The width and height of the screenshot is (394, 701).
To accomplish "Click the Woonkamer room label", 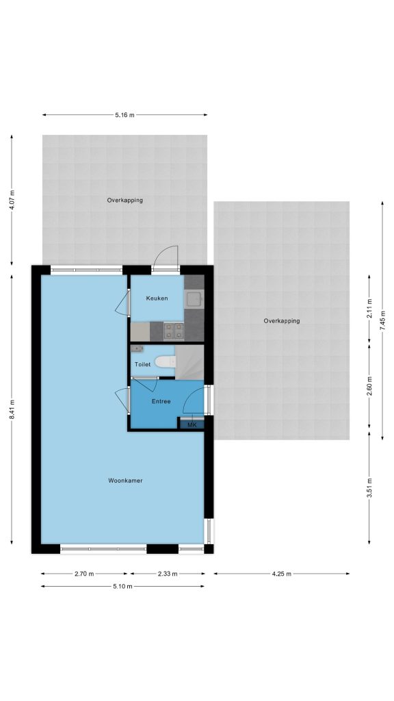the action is tap(125, 481).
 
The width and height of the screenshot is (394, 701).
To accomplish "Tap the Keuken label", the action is tap(157, 298).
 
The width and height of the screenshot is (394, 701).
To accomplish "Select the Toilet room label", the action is tap(142, 364).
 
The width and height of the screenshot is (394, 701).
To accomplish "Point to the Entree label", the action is tap(161, 401).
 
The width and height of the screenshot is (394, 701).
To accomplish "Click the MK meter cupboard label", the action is tap(192, 424).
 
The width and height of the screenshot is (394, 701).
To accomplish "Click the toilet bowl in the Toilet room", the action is tap(165, 361).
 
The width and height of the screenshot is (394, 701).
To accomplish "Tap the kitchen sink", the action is tap(194, 298).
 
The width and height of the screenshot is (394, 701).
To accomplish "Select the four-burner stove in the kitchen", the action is tap(174, 331).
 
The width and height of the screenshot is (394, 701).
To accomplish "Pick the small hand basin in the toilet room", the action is tap(136, 348).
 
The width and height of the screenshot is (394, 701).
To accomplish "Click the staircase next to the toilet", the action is tap(189, 362).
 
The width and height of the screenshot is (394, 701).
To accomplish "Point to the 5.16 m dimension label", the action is tap(124, 115).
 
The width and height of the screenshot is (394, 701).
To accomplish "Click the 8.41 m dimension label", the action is tap(12, 409).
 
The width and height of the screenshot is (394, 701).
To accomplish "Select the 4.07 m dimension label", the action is tap(12, 200).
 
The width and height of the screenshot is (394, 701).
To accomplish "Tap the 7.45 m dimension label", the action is tap(382, 320).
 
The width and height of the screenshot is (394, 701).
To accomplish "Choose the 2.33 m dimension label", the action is tap(168, 574).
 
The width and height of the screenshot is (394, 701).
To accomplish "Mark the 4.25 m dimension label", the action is tap(281, 574).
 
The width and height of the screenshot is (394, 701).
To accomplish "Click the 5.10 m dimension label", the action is tap(123, 587).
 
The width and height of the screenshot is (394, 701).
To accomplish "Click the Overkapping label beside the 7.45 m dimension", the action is tap(281, 321).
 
